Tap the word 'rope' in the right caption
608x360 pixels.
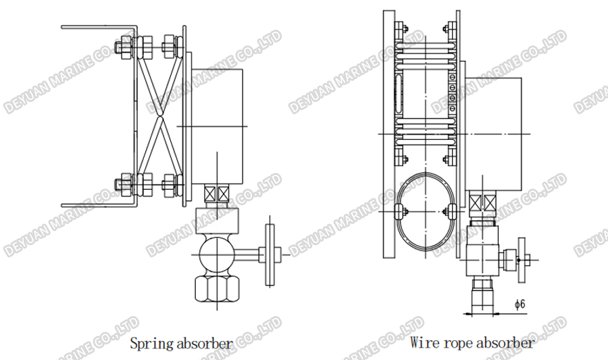(457, 342)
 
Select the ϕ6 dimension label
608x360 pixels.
(520, 305)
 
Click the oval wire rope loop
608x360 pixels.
(424, 211)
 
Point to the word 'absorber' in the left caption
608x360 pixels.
(200, 343)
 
